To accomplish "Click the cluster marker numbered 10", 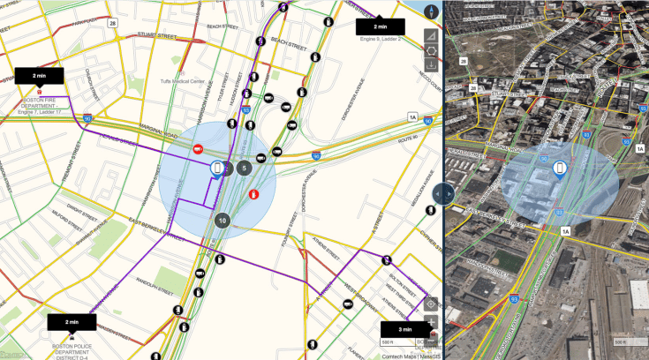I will (222, 221).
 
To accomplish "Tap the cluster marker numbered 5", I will (245, 167).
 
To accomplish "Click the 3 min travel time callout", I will (404, 329).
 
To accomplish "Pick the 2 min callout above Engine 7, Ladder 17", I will (39, 77).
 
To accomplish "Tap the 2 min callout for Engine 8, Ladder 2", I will (381, 26).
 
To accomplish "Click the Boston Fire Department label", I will (42, 101).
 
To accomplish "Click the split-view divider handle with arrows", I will (444, 193).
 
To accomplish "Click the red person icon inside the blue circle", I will (254, 193).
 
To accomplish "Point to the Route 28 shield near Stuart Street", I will (113, 23).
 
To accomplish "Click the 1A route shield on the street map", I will (411, 116).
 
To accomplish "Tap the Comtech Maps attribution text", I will (399, 356).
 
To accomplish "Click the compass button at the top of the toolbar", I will (431, 11).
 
